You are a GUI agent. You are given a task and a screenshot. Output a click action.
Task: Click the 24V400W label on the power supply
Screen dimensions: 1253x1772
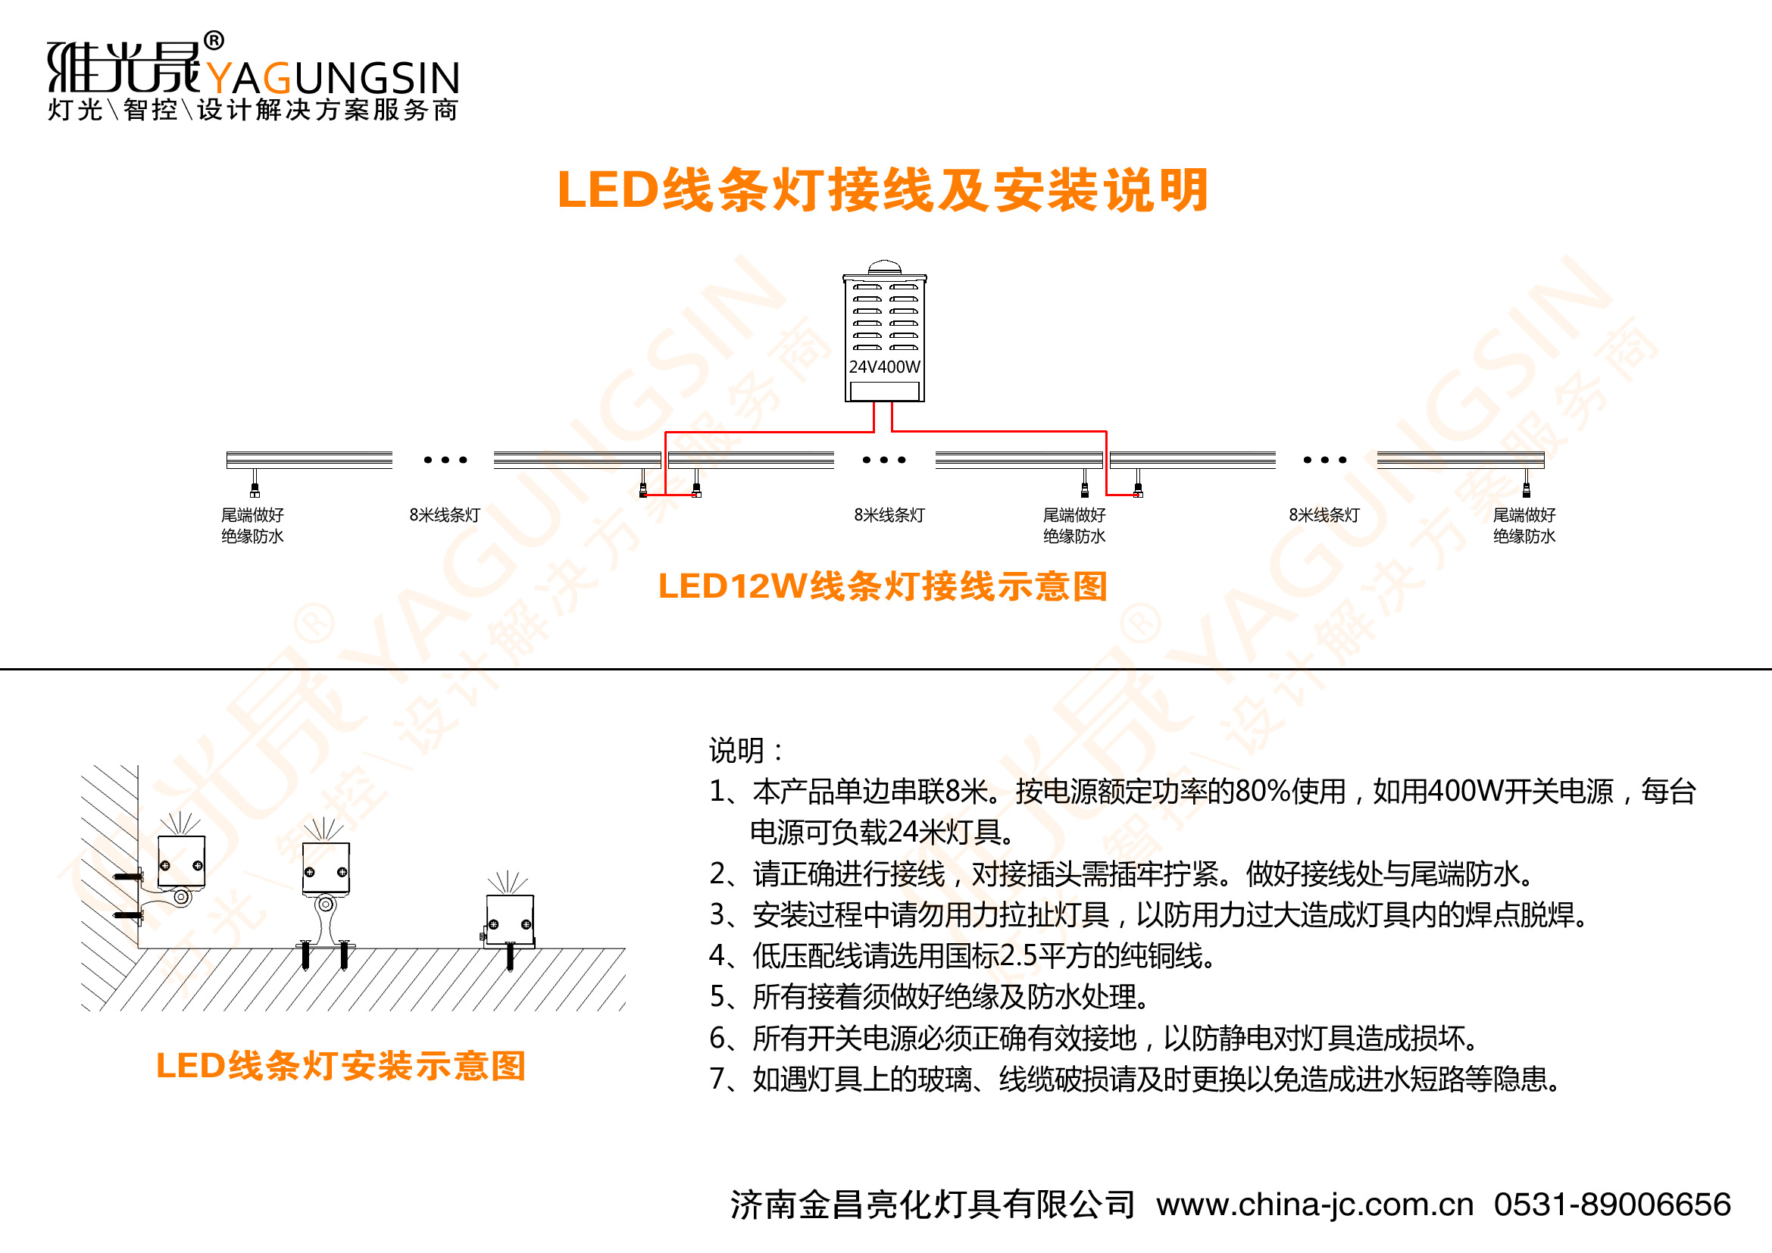(x=884, y=367)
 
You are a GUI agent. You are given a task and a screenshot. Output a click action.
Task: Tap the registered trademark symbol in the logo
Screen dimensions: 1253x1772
(x=214, y=40)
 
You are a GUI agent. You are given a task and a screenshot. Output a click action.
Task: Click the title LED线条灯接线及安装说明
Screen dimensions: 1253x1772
(x=882, y=190)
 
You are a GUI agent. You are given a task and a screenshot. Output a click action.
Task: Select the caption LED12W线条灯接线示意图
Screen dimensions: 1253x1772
(x=883, y=586)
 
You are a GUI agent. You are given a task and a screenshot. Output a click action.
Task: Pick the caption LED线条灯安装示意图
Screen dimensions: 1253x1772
(x=340, y=1067)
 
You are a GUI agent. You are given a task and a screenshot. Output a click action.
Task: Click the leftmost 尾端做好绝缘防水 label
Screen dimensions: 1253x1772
(x=252, y=526)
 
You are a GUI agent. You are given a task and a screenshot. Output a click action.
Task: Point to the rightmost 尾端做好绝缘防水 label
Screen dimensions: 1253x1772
(x=1524, y=526)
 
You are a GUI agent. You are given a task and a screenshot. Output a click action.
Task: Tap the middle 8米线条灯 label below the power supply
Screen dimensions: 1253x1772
(x=889, y=515)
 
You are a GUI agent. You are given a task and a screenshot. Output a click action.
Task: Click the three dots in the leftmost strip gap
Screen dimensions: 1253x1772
(x=445, y=460)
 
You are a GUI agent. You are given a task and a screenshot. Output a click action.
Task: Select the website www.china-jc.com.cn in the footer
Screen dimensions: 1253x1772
(x=1314, y=1205)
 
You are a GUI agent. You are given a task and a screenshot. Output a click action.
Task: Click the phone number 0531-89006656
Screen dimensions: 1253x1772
(x=1611, y=1205)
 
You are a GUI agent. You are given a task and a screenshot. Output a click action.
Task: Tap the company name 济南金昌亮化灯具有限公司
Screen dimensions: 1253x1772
(x=933, y=1205)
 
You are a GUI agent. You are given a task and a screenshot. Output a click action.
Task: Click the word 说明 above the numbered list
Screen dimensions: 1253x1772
(x=736, y=751)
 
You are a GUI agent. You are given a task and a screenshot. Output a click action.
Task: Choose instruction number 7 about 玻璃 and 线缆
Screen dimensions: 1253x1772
(x=1135, y=1080)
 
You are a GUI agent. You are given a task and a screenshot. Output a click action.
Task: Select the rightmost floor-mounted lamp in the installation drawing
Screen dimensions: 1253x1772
(x=509, y=920)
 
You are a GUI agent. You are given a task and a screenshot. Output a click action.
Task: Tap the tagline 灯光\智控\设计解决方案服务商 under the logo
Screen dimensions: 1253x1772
(x=253, y=110)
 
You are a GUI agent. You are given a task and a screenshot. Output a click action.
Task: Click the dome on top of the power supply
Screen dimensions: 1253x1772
(x=884, y=267)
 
